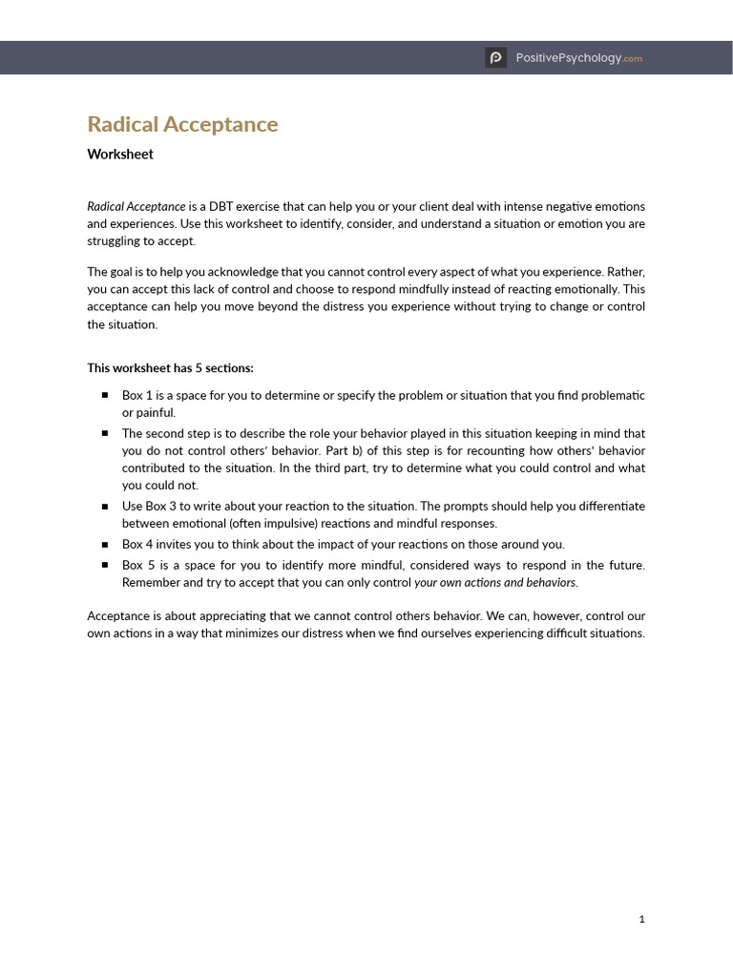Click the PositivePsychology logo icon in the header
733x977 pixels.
495,58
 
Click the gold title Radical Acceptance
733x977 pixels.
182,124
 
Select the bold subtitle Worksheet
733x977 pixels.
120,154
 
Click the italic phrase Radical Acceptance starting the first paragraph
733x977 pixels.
136,206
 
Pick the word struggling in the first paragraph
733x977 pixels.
113,240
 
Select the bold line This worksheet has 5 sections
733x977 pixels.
170,367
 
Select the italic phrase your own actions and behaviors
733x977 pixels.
495,582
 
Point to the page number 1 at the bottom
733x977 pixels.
641,919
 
